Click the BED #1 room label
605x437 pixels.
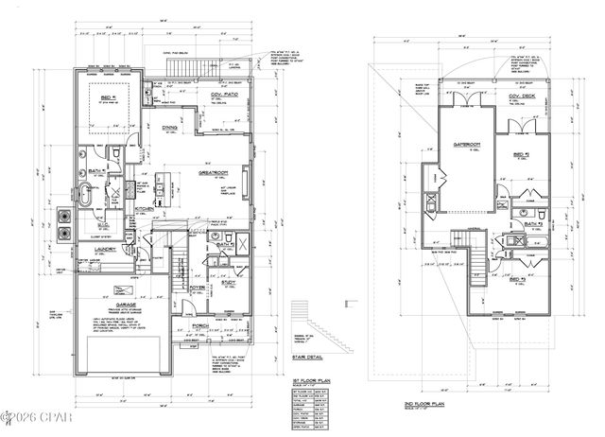tap(101, 96)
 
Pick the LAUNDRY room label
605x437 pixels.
tap(104, 250)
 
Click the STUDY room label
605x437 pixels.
tap(231, 283)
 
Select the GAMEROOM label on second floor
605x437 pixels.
tap(467, 144)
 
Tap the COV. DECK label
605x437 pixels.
tap(522, 97)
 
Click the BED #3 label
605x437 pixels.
tap(517, 281)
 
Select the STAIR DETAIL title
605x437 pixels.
tap(322, 358)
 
